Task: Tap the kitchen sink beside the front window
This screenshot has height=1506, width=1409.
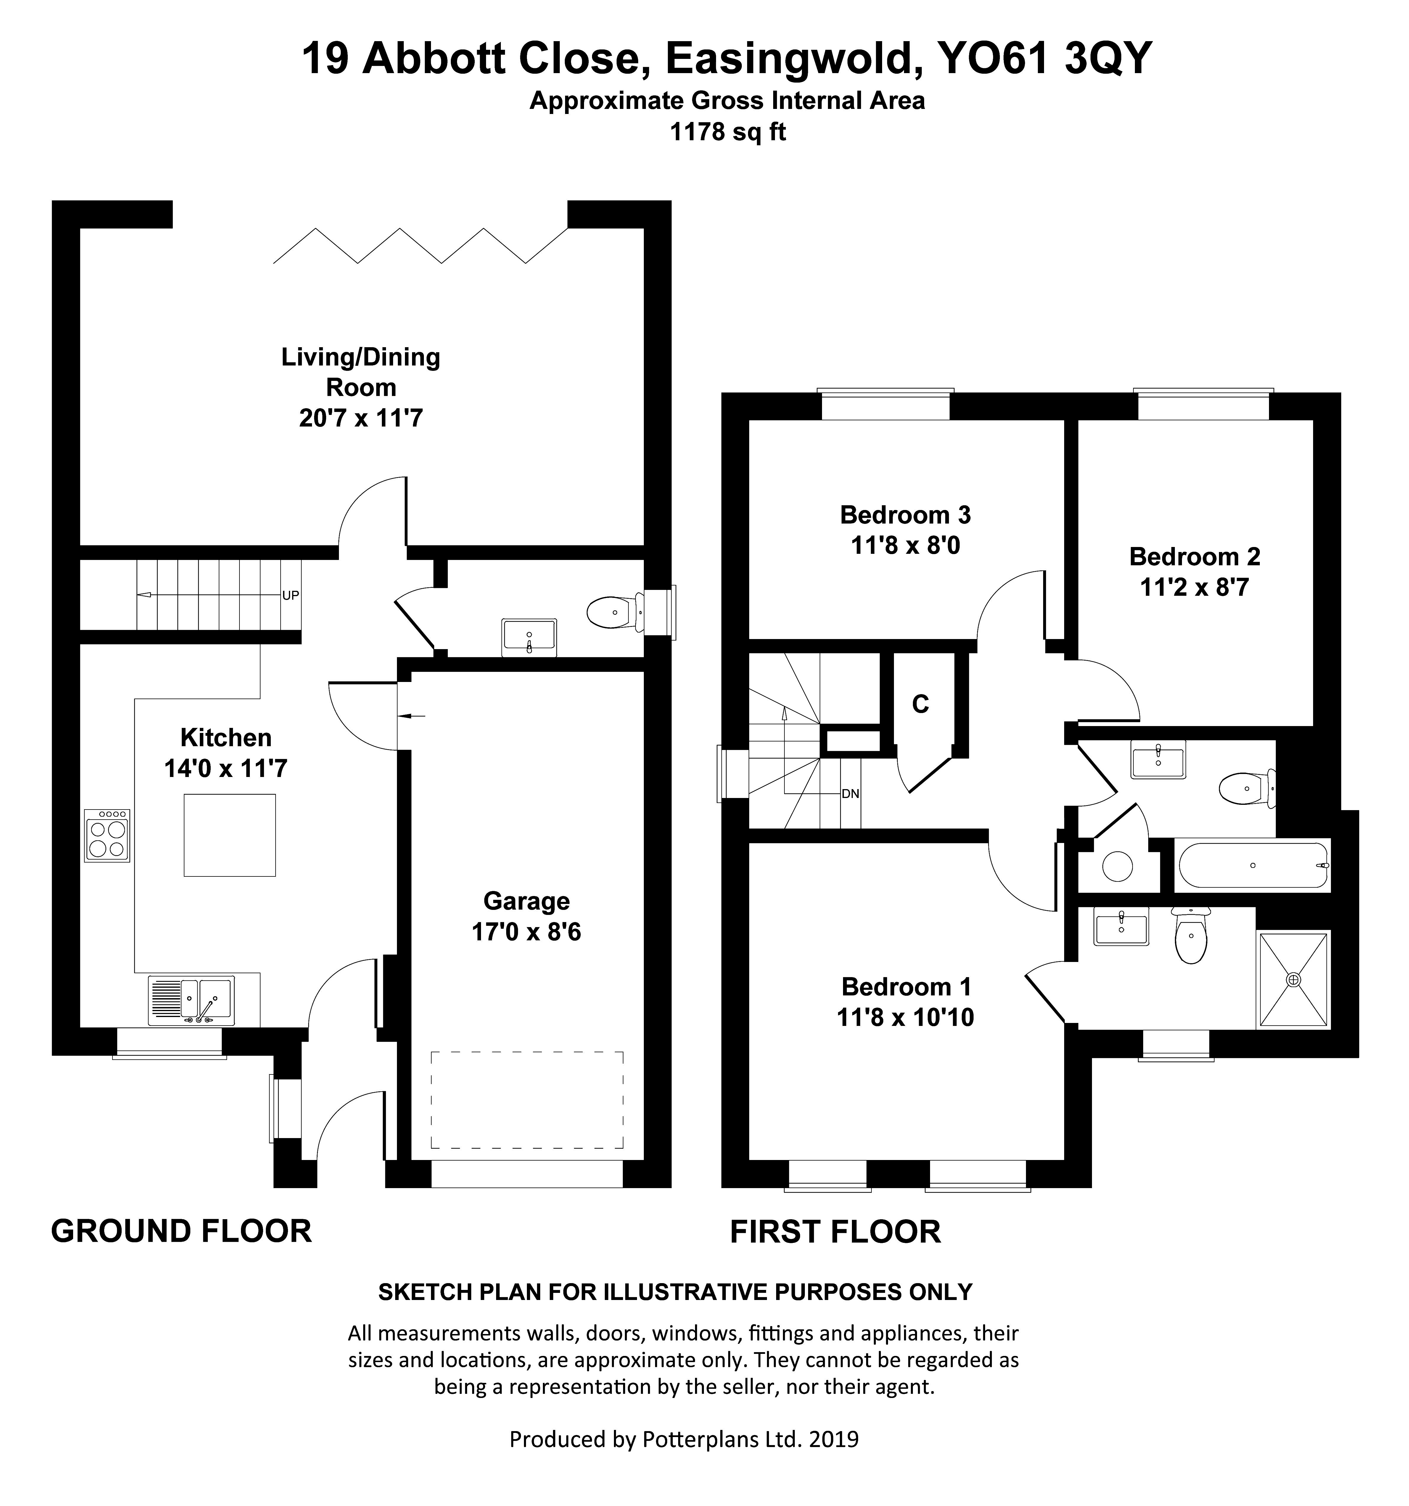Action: (x=191, y=1000)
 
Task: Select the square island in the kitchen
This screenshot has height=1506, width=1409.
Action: (x=229, y=836)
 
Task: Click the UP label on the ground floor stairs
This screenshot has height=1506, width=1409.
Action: (x=291, y=596)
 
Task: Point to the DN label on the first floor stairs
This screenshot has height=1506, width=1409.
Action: (x=850, y=794)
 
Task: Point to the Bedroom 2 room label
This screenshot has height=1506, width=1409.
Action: (x=1195, y=557)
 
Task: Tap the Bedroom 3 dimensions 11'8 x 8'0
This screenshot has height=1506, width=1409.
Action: (x=905, y=546)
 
